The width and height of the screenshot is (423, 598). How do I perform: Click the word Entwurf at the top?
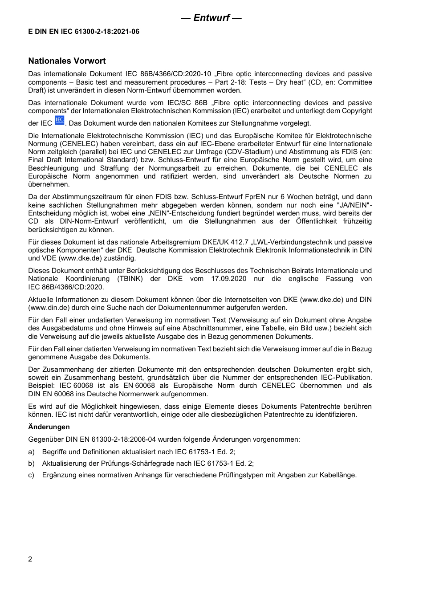(211, 18)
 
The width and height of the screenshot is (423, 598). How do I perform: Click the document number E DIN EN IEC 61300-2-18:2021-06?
(84, 32)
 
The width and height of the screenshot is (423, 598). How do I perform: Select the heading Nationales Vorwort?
(67, 61)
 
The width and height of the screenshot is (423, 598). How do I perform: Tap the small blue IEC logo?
(60, 121)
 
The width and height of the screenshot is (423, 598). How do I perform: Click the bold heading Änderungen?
(49, 427)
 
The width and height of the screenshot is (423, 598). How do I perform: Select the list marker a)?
(31, 452)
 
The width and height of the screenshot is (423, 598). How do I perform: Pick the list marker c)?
(31, 475)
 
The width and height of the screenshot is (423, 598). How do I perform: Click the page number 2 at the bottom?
(30, 559)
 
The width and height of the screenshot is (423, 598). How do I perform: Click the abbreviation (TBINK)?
(130, 279)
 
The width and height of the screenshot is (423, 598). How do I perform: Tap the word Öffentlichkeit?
(322, 221)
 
